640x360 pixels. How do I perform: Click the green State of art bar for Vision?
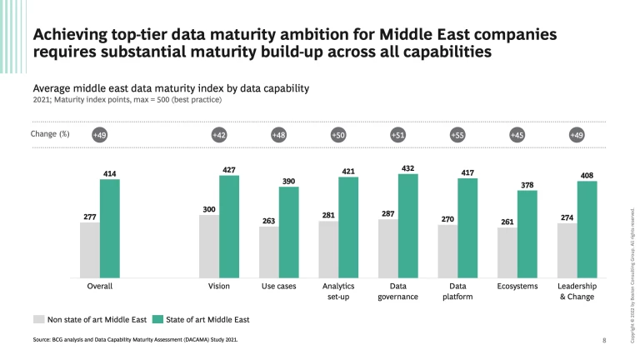(228, 226)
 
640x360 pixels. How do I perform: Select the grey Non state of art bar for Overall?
(90, 249)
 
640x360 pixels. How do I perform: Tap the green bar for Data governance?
(407, 225)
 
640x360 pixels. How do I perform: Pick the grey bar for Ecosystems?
(507, 252)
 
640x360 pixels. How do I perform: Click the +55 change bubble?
(457, 134)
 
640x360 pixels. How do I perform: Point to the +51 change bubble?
(397, 134)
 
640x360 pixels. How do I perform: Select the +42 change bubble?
(218, 134)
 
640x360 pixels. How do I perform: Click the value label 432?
(407, 167)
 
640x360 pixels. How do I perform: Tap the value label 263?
(268, 221)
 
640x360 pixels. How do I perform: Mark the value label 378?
(527, 184)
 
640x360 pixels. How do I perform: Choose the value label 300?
(209, 209)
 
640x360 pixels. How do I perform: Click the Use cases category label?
(278, 286)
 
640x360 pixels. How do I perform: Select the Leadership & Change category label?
(576, 291)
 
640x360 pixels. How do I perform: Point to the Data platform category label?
(457, 291)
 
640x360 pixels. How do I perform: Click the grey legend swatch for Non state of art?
(38, 318)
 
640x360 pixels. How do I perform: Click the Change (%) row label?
(51, 134)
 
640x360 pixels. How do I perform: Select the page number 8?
(604, 340)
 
